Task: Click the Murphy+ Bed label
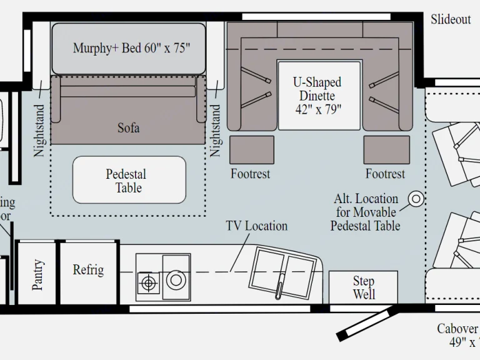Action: point(131,48)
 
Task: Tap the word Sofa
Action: point(129,128)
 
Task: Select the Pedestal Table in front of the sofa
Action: point(129,180)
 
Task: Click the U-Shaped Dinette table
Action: point(319,95)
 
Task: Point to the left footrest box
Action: point(252,149)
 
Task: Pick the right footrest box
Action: point(386,149)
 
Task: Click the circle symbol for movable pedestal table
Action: point(416,199)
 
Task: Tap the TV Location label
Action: point(256,226)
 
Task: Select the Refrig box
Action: point(88,271)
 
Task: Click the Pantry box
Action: point(37,273)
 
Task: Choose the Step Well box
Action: point(363,287)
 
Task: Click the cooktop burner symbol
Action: point(148,283)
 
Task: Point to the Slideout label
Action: point(451,19)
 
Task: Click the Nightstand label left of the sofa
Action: point(39,130)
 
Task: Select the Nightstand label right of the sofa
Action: point(216,130)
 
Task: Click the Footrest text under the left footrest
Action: point(250,174)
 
